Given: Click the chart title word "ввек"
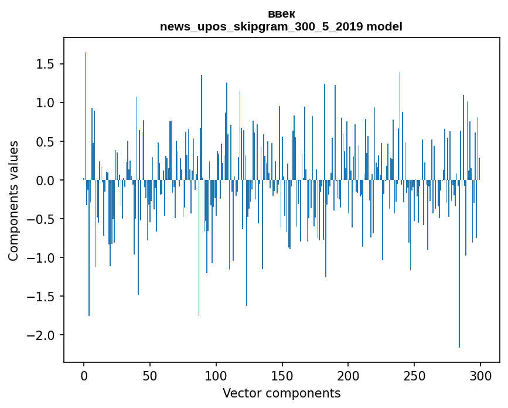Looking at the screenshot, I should click(x=281, y=14).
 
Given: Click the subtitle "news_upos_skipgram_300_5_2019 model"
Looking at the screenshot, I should click(x=281, y=27).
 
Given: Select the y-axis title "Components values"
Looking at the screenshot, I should click(x=13, y=200).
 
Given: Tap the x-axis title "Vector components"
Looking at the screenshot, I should click(x=281, y=393).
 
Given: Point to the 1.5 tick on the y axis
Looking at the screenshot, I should click(x=46, y=64).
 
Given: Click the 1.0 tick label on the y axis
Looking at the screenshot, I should click(x=46, y=103).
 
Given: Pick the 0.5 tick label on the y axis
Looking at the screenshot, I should click(x=46, y=142).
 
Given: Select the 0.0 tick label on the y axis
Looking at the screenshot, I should click(x=46, y=181).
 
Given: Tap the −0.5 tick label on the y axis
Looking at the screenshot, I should click(x=42, y=219).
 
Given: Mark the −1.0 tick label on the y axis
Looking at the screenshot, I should click(x=42, y=258).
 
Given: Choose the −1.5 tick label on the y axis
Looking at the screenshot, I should click(x=42, y=297).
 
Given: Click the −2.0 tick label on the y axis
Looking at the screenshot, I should click(x=42, y=335).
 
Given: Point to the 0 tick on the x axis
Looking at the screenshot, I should click(x=84, y=375).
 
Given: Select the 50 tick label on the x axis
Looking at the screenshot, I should click(x=150, y=375).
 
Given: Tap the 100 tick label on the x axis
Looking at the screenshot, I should click(x=216, y=375).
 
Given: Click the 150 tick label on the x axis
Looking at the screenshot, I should click(x=282, y=375).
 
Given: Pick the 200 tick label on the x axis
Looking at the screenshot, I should click(x=349, y=375).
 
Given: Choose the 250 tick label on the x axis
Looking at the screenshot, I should click(x=414, y=375).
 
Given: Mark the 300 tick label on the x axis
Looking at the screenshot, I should click(x=480, y=375).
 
